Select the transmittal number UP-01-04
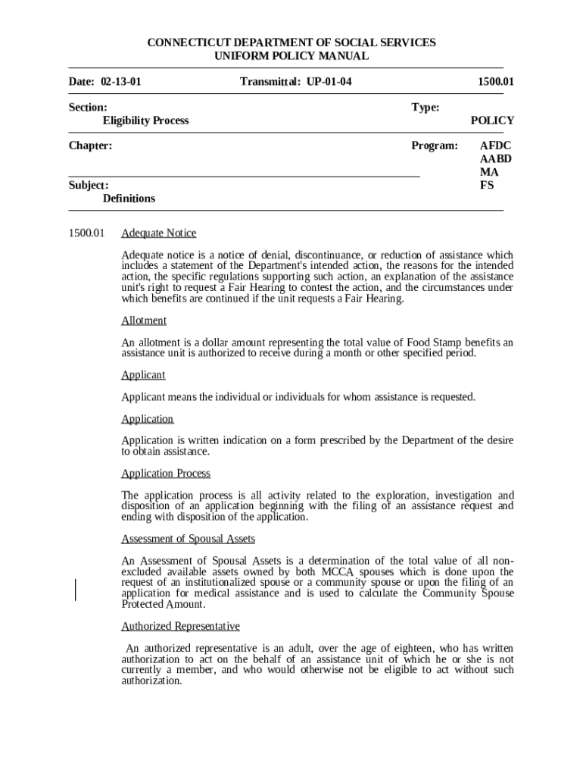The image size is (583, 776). coord(329,81)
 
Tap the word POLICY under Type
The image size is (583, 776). coord(492,120)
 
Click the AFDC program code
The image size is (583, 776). coord(496,145)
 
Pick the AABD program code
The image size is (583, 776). coord(496,158)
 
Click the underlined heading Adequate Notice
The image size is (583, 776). coord(158,233)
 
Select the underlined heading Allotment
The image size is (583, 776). coord(144,321)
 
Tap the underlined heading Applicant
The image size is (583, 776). coord(143,375)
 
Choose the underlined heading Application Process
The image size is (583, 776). coord(166,474)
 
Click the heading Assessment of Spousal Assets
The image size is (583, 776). coord(188,539)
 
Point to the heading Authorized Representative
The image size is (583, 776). coord(180,626)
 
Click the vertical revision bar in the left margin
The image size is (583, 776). coord(76,589)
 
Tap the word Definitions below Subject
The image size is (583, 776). coord(129,199)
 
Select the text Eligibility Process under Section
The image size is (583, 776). coord(145,120)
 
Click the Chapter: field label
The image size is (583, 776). coord(90,145)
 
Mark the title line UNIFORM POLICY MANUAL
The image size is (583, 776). coord(291,56)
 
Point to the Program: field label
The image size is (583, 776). coord(435,145)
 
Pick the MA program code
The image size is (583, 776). coord(489,171)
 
